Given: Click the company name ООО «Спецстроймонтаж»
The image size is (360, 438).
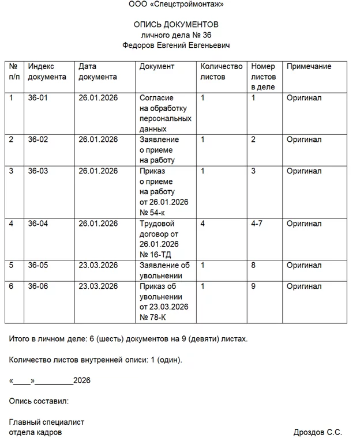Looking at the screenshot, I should click(x=176, y=5).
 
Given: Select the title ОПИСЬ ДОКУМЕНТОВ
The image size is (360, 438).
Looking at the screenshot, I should click(x=176, y=25).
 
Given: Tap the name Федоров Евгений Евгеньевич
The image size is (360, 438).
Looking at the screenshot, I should click(x=176, y=46).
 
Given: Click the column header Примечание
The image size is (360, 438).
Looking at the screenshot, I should click(x=309, y=67).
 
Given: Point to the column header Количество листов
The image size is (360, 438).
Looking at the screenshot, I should click(x=221, y=71).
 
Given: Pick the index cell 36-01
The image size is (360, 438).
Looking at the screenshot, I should click(x=38, y=98).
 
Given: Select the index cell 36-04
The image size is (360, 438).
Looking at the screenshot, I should click(x=38, y=224).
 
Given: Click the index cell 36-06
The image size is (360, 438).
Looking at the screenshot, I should click(x=38, y=286).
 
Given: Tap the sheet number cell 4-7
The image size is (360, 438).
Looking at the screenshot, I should click(x=257, y=224).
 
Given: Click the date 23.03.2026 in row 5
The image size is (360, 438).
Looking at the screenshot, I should click(x=98, y=265).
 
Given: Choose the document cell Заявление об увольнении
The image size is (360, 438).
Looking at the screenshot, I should click(x=164, y=270).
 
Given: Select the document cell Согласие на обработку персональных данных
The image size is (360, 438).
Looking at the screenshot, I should click(x=165, y=114).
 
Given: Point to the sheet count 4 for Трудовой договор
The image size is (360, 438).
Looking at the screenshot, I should click(x=202, y=224).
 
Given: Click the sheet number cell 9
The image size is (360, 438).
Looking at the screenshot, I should click(x=253, y=286).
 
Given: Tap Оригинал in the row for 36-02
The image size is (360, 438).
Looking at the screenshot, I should click(x=304, y=139).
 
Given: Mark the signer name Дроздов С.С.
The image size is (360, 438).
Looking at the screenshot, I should click(x=317, y=432).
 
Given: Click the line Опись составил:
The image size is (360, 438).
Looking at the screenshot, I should click(x=39, y=401).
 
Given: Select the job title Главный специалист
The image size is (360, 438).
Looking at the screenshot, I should click(x=47, y=422).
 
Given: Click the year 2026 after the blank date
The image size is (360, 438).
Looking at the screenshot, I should click(x=82, y=381).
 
